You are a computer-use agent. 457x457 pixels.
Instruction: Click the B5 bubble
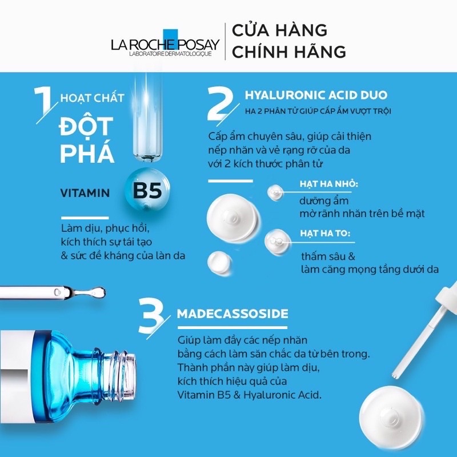coord(146,191)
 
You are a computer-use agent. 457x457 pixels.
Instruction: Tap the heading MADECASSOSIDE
coord(232,314)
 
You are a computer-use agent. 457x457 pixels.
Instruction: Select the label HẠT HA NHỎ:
coord(328,185)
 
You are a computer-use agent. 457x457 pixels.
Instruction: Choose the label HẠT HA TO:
coord(324,233)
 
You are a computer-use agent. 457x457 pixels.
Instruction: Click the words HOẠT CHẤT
coord(92,98)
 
